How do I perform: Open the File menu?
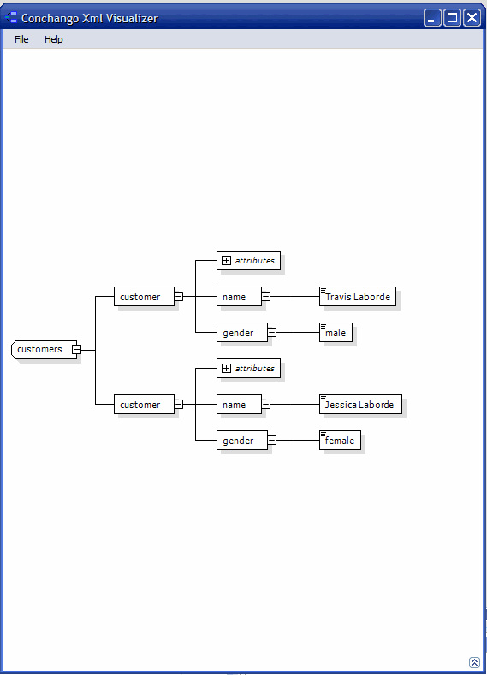click(x=21, y=39)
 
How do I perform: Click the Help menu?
click(x=53, y=39)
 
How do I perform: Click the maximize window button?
click(x=452, y=18)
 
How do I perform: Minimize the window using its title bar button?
click(x=432, y=18)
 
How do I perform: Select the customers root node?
click(x=42, y=349)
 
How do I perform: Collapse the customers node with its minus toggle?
click(x=76, y=350)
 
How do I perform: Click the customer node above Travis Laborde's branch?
click(x=144, y=297)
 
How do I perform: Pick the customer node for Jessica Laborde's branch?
click(x=144, y=404)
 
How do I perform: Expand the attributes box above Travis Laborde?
click(x=226, y=260)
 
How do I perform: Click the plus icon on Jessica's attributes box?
click(x=226, y=368)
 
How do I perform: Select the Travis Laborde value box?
click(x=358, y=297)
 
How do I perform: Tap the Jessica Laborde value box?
click(x=360, y=404)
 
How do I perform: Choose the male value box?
click(x=336, y=332)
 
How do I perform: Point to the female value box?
click(x=340, y=440)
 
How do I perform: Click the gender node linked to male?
click(x=241, y=332)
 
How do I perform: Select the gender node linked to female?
click(x=241, y=440)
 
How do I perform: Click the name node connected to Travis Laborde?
click(x=239, y=297)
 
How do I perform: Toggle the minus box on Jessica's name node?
click(x=266, y=404)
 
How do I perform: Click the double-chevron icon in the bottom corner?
click(x=474, y=662)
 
